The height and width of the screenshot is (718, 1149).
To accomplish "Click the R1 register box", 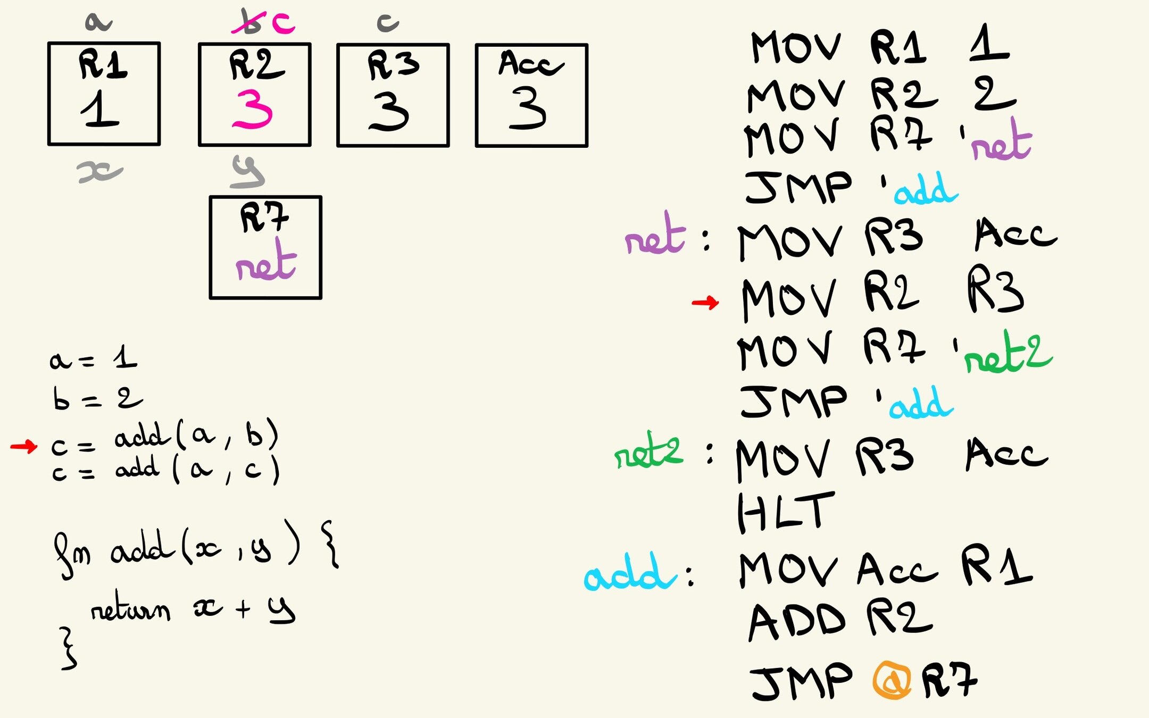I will click(104, 94).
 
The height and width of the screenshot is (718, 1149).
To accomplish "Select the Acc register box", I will click(531, 95).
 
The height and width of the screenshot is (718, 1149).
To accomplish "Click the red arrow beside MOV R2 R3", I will click(705, 303).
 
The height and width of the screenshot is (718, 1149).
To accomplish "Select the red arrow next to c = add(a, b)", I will click(24, 446).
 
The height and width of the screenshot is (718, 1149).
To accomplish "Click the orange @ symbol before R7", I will click(892, 680).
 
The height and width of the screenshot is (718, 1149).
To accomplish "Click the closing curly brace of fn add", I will click(68, 648).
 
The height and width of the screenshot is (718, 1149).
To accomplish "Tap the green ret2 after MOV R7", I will click(1008, 353).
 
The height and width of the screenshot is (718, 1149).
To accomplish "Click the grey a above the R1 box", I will click(98, 22).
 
